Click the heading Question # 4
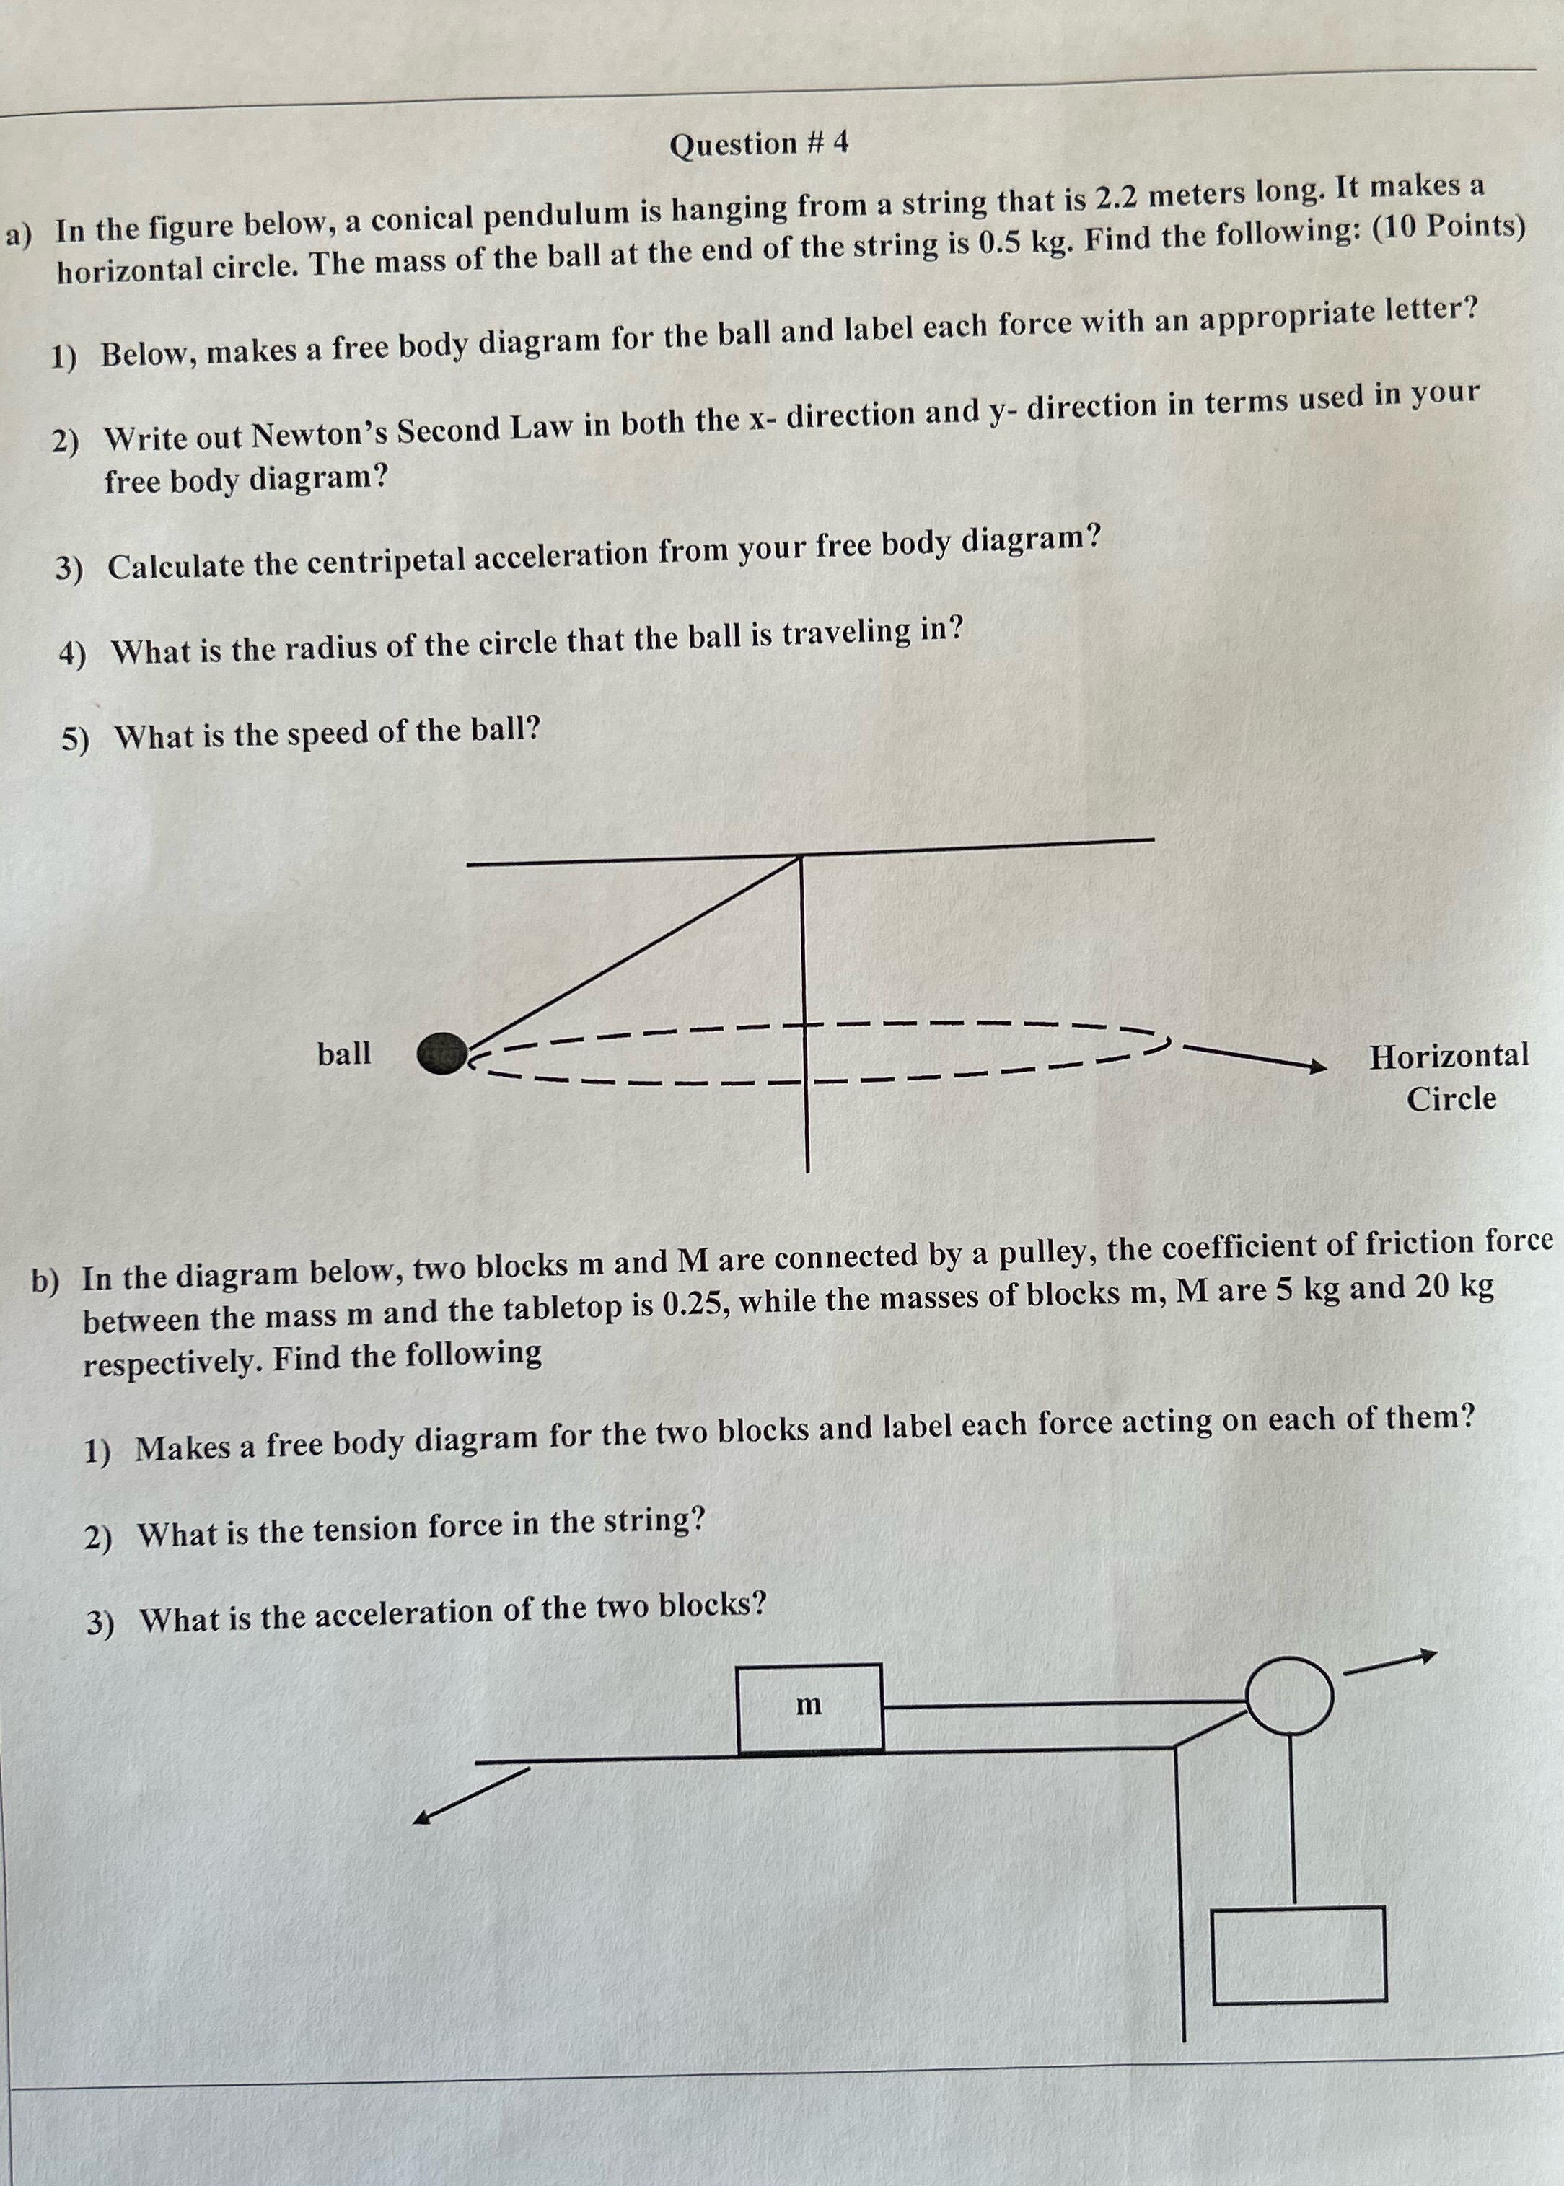759,144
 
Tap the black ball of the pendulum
441,1053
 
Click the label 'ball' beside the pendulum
344,1054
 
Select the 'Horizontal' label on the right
1449,1056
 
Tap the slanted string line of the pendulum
636,953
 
